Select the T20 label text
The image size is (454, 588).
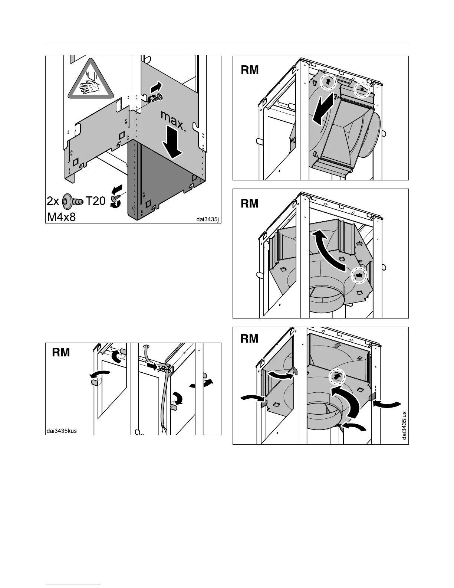point(96,202)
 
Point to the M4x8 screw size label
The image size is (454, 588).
point(61,216)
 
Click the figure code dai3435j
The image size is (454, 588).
point(208,219)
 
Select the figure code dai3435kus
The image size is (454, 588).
point(62,431)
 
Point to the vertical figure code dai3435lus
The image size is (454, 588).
point(404,425)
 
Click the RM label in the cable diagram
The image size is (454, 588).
point(61,352)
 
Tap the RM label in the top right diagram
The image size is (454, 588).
point(250,70)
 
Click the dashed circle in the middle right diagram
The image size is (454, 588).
point(359,275)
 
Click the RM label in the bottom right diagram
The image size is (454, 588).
point(250,339)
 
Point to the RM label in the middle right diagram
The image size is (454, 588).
point(250,203)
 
